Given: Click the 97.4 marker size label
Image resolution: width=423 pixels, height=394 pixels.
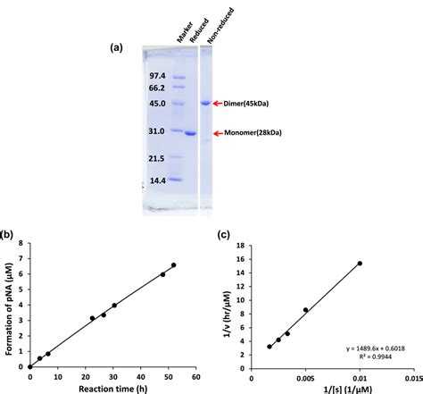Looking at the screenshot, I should [x=157, y=77].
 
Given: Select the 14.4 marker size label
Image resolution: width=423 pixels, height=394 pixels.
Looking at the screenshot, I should [x=157, y=179].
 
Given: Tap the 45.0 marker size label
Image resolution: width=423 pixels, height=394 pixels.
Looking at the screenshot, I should [x=157, y=104].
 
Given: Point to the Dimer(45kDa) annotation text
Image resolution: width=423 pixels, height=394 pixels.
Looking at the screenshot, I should [x=245, y=104].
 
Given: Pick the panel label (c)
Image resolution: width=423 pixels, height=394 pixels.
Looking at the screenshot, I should [x=228, y=235].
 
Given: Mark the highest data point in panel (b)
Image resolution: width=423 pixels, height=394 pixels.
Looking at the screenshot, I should [x=173, y=265].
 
